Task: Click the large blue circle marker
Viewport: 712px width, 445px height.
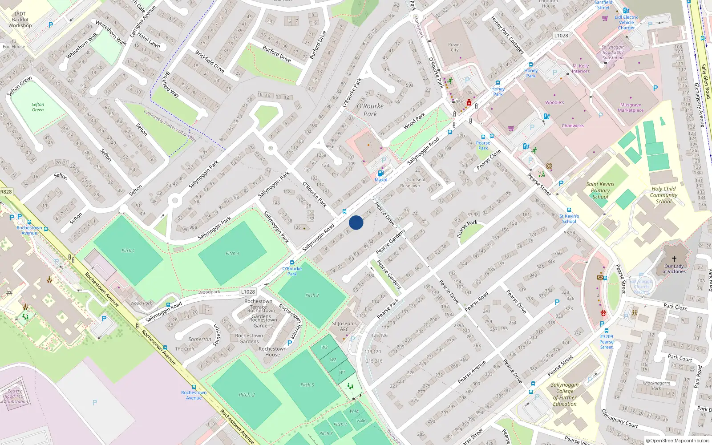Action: point(356,222)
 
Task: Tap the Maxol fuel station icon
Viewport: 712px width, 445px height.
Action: point(380,173)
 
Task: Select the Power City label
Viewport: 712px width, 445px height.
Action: point(454,47)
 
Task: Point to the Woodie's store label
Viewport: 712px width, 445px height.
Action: point(554,102)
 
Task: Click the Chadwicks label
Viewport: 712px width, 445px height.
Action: point(573,126)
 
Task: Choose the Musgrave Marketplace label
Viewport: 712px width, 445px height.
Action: point(631,108)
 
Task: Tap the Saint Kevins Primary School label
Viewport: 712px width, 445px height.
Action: point(600,190)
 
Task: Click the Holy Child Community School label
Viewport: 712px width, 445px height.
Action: point(663,195)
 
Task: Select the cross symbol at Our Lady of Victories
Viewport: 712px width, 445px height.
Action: point(674,259)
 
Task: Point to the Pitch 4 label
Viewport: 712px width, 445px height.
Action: point(232,253)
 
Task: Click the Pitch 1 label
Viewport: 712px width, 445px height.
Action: point(128,251)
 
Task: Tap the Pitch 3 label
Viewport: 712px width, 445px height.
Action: point(312,295)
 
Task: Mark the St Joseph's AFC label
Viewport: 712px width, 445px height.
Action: point(344,326)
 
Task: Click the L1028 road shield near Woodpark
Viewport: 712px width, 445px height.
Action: point(248,292)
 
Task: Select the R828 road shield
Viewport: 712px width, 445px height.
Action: point(6,192)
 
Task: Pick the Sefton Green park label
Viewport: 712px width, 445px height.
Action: point(38,107)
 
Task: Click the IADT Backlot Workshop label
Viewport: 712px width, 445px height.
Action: point(20,20)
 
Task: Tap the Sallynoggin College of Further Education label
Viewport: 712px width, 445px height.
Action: point(565,394)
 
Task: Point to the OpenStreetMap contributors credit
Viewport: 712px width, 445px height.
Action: point(678,441)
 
